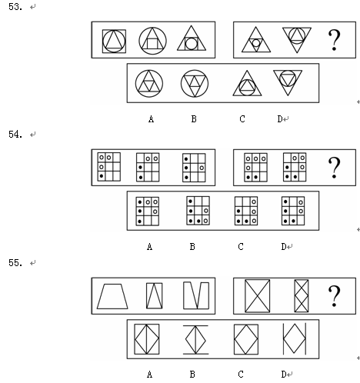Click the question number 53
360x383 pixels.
[15, 7]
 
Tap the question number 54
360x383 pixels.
[15, 134]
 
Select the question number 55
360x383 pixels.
[15, 262]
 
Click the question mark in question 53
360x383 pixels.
[334, 40]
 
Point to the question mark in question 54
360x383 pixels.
[334, 168]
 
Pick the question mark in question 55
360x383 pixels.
[334, 296]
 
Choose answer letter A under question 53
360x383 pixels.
[151, 119]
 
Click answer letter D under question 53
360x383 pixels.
[280, 119]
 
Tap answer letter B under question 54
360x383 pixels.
[192, 247]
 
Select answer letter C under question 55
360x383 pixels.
[241, 375]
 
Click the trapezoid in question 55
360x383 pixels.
[112, 296]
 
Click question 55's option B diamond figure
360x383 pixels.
[195, 340]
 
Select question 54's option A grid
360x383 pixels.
[148, 211]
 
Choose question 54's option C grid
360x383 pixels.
[246, 211]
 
